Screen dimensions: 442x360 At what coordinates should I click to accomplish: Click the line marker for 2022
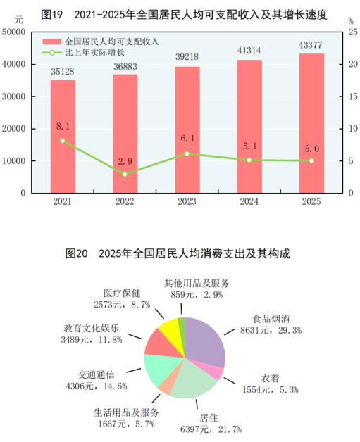(x=125, y=174)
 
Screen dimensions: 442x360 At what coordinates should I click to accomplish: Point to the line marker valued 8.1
(x=62, y=141)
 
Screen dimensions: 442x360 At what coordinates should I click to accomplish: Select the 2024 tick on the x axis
(x=249, y=202)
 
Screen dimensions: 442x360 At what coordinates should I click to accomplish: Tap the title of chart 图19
(x=180, y=13)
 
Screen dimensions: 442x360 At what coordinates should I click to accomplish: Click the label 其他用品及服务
(x=197, y=283)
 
